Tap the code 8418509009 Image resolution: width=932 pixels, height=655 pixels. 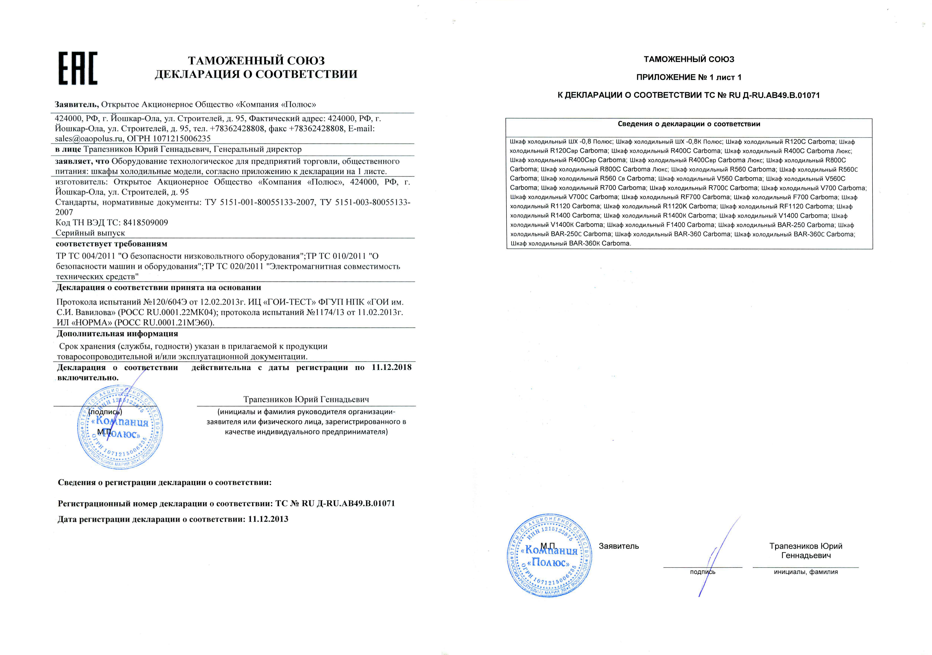[145, 223]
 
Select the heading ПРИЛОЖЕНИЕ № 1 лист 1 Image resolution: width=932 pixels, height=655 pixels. [689, 77]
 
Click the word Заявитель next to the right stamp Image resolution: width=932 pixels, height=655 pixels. [619, 546]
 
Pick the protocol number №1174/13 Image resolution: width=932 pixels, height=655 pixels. [326, 312]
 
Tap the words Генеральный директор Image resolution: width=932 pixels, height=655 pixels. [257, 149]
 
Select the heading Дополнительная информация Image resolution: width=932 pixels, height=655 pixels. [117, 334]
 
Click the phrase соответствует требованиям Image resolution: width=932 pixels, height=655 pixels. [112, 244]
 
